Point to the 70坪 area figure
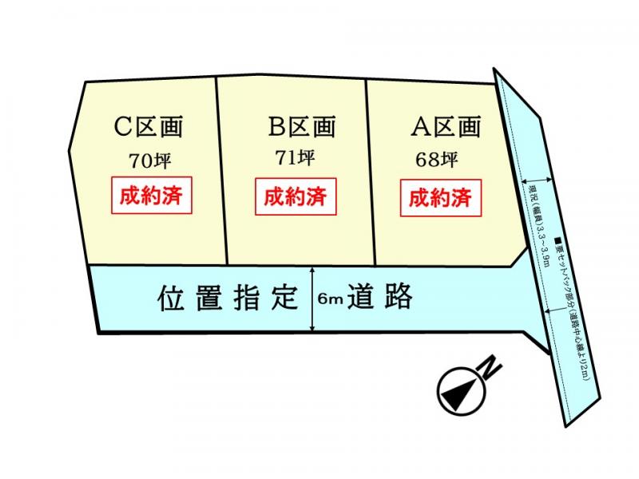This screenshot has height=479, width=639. (150, 160)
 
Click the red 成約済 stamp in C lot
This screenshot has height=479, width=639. (152, 196)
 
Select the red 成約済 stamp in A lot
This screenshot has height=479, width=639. (440, 196)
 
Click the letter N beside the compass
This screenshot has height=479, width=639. (489, 369)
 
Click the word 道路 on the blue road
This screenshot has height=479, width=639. (385, 298)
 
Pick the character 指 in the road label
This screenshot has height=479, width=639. (244, 299)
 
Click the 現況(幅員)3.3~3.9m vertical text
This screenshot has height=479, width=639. (538, 224)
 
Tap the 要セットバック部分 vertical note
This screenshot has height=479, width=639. (569, 307)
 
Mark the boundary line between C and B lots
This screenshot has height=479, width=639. (223, 172)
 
